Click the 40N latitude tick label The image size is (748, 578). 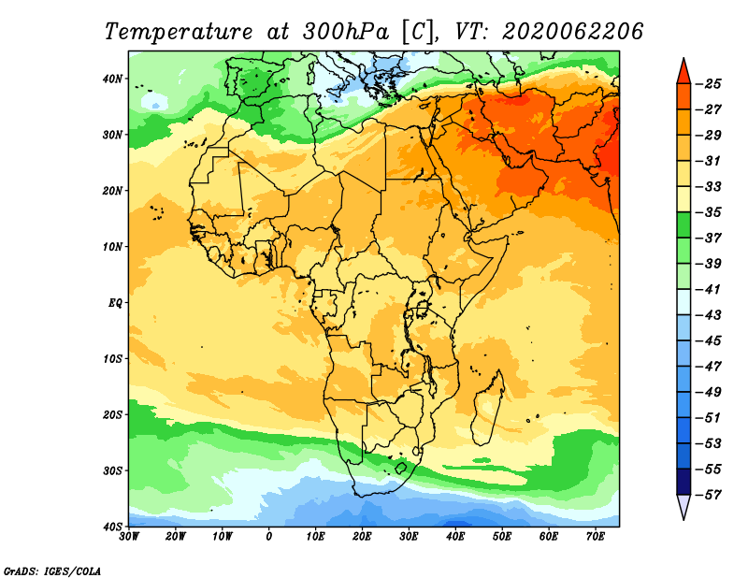coord(112,79)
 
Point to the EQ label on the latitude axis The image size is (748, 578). coord(115,303)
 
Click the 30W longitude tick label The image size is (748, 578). coord(129,537)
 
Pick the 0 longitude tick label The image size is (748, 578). coord(269,537)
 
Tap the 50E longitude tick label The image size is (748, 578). coord(502,537)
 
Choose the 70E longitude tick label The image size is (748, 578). coord(596,537)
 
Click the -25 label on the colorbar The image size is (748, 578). coord(709,84)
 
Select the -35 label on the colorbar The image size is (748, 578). coord(709,212)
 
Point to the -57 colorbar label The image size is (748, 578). coord(709,495)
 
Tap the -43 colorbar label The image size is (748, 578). coord(709,315)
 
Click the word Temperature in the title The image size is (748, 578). coord(178,32)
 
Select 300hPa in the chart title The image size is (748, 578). coord(345,32)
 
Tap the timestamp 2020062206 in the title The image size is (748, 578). coord(572,32)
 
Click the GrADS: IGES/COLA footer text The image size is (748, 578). coord(52,571)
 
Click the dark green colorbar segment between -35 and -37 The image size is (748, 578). coord(683,225)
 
